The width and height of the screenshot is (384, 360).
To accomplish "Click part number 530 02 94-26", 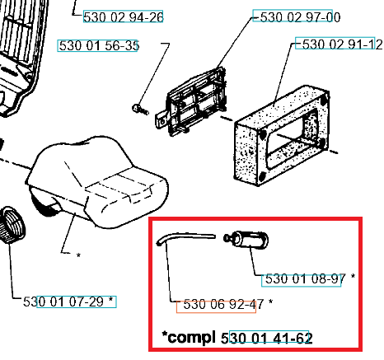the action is point(124,17).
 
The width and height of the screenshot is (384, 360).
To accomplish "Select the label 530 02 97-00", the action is point(300,17).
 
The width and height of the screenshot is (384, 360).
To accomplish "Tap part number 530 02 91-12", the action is point(342,44).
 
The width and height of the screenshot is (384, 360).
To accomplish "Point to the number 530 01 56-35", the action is point(99,45).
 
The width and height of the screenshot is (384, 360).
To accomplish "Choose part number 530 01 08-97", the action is point(306,278).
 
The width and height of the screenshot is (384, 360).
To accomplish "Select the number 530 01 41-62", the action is point(267,338).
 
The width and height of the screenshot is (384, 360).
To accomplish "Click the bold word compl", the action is point(191,338).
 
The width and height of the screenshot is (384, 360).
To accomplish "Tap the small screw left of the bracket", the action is point(140,110).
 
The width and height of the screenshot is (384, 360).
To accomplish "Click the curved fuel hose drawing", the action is point(185,238).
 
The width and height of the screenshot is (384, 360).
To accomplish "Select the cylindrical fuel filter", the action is point(246,240).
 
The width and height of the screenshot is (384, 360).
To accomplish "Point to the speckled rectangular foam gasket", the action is point(282,135).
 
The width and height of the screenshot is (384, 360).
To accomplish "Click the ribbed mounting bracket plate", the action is point(195,102).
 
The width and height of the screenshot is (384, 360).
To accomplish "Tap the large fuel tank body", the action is point(97,182).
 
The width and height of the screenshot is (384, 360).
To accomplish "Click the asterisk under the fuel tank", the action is point(78,255).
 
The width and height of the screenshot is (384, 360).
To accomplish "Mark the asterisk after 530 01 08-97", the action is point(353,276).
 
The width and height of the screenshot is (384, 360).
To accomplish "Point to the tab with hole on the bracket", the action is point(162,119).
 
